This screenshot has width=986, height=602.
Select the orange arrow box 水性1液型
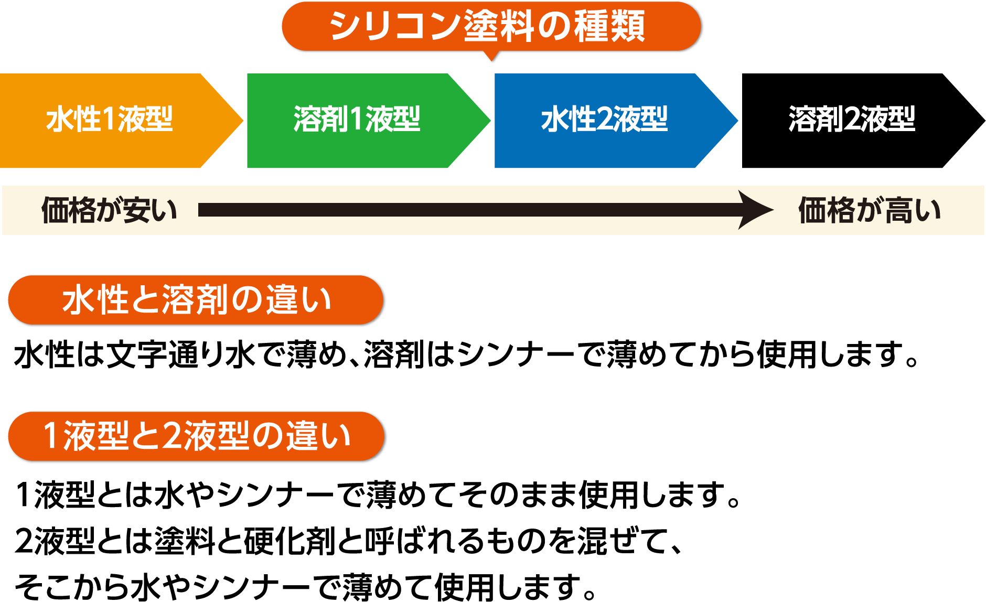pos(110,120)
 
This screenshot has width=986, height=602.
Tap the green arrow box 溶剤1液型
pos(357,120)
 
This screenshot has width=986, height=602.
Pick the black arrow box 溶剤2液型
pos(852,120)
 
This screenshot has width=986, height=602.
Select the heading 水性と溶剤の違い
pos(197,300)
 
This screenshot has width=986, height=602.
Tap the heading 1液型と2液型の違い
pos(197,437)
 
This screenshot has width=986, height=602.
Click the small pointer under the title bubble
pos(492,57)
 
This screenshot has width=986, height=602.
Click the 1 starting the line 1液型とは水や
pos(24,494)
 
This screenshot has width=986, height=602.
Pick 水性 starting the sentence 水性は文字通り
pos(44,355)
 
